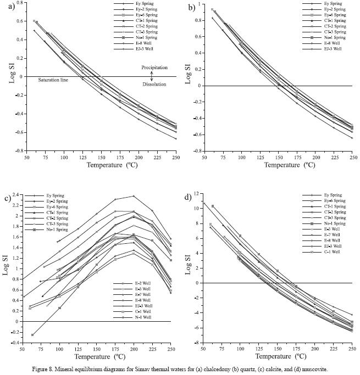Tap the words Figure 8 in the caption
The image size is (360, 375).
point(53,371)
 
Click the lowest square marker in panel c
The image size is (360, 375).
point(32,334)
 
